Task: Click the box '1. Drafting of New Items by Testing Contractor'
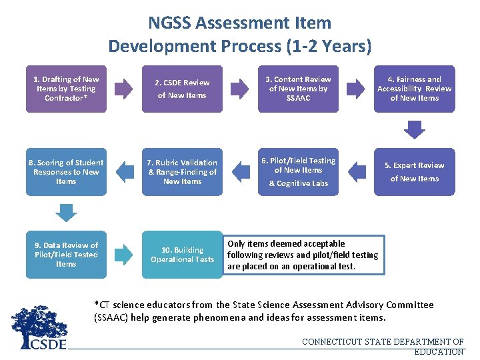(66, 89)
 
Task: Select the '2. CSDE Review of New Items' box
(182, 89)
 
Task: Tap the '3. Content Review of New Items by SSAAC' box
(298, 89)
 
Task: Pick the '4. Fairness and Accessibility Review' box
(414, 89)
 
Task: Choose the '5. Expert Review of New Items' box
(414, 172)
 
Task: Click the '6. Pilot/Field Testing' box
(298, 172)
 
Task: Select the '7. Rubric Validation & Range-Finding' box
(182, 172)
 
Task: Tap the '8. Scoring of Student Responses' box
(66, 172)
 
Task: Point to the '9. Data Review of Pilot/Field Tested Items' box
(66, 255)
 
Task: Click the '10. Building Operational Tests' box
(182, 255)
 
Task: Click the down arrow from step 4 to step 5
(415, 129)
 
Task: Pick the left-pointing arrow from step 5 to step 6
(357, 172)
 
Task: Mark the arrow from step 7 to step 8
(124, 172)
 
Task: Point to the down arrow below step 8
(66, 211)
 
